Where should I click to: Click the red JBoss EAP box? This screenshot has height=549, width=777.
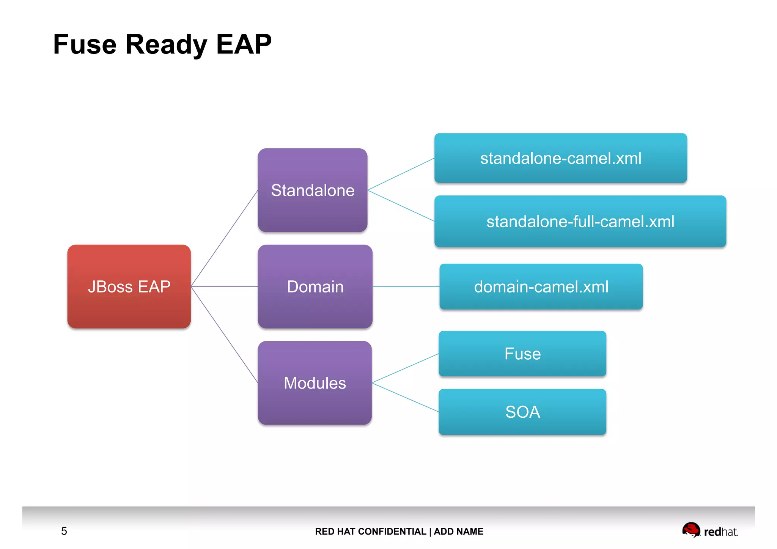click(129, 286)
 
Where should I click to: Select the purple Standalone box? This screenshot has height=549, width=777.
click(313, 190)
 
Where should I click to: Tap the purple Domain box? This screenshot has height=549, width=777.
click(315, 286)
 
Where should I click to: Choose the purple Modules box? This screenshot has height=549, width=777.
click(315, 383)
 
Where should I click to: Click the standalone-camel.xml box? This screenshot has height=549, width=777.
click(560, 158)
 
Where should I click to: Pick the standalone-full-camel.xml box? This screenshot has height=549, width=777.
click(580, 222)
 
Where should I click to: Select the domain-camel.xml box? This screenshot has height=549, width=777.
click(541, 287)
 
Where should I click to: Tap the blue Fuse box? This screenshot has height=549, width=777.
click(522, 354)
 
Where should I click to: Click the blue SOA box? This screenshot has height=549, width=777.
click(522, 412)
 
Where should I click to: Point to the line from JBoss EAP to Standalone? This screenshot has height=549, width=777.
click(224, 238)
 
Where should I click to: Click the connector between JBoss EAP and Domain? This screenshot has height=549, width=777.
click(224, 286)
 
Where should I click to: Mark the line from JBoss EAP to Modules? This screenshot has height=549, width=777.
click(224, 335)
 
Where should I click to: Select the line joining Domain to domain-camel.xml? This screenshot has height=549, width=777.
click(406, 286)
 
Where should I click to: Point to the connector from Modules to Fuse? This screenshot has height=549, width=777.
click(405, 368)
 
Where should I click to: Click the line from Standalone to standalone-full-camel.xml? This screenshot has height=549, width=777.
click(401, 206)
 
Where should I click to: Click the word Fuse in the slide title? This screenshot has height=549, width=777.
click(85, 44)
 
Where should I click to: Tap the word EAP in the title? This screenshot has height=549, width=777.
click(244, 44)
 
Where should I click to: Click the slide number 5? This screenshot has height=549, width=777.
click(64, 531)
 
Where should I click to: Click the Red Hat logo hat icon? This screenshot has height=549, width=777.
click(691, 529)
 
